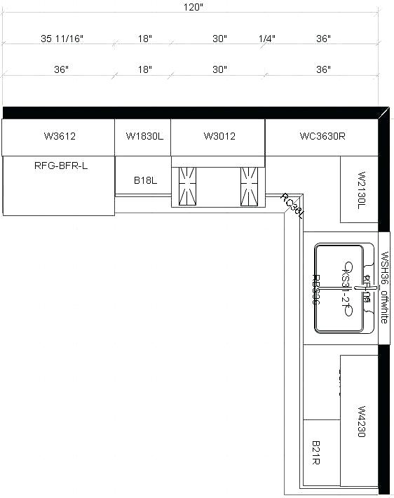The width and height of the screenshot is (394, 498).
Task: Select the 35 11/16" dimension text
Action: pyautogui.click(x=62, y=39)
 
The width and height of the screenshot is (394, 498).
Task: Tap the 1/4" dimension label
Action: pyautogui.click(x=266, y=39)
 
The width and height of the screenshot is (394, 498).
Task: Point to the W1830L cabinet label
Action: pyautogui.click(x=144, y=136)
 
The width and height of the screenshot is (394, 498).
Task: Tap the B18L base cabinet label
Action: pyautogui.click(x=145, y=180)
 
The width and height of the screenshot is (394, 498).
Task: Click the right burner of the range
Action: pyautogui.click(x=250, y=185)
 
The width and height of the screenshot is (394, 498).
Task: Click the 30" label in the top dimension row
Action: pyautogui.click(x=220, y=39)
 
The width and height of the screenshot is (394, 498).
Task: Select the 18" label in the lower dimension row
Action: pyautogui.click(x=144, y=70)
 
